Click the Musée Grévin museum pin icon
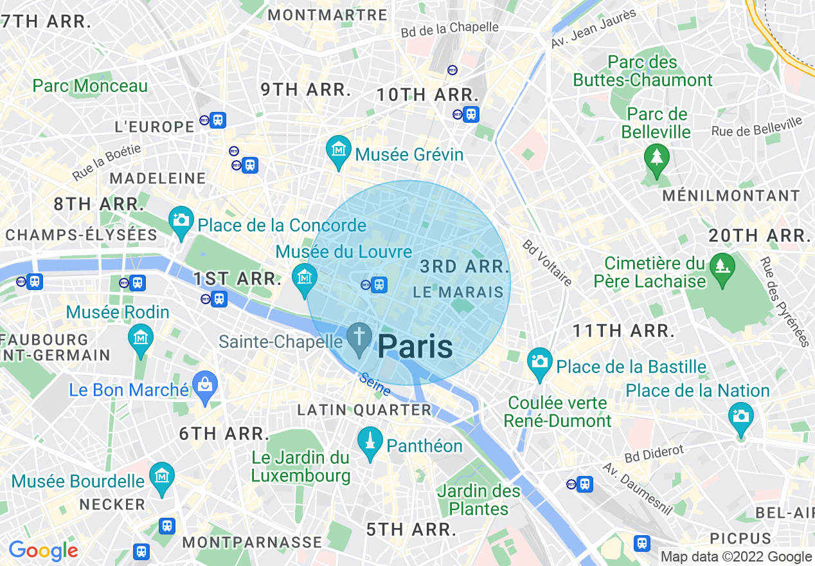(339, 151)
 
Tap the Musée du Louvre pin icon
(305, 278)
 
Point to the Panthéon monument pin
(370, 443)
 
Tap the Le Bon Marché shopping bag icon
(205, 387)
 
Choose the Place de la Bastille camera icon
(540, 363)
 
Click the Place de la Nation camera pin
(740, 417)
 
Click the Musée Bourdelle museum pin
(161, 478)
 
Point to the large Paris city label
(415, 347)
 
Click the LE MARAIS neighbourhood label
(458, 292)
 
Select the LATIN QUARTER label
(364, 410)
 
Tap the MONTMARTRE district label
(328, 15)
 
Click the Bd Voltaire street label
(547, 262)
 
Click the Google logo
(43, 551)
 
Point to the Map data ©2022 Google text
(736, 557)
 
